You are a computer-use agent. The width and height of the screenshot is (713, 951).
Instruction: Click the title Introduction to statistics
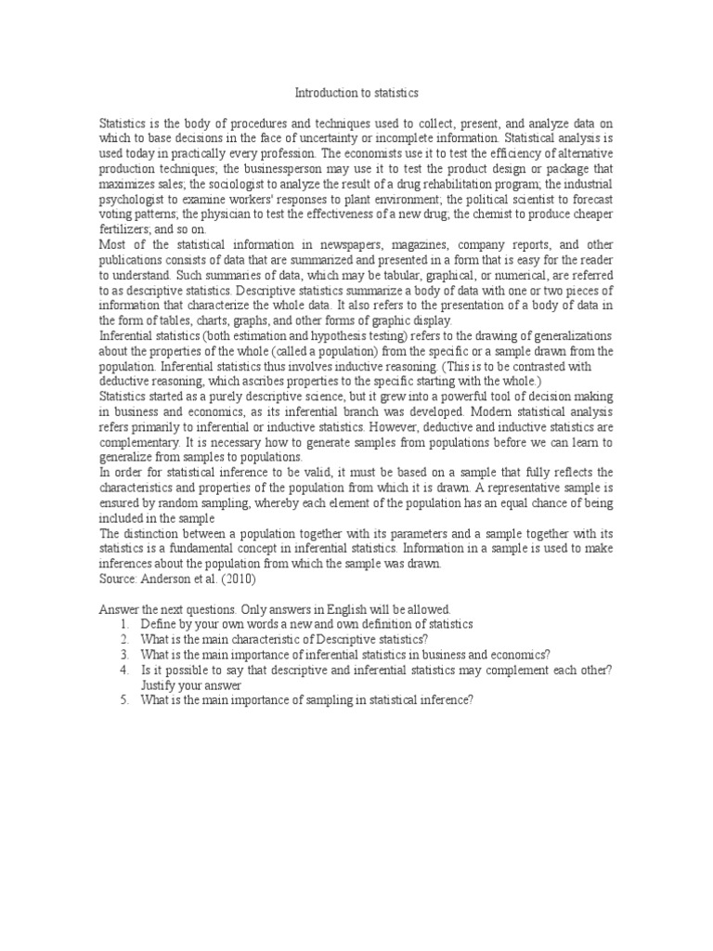356,93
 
